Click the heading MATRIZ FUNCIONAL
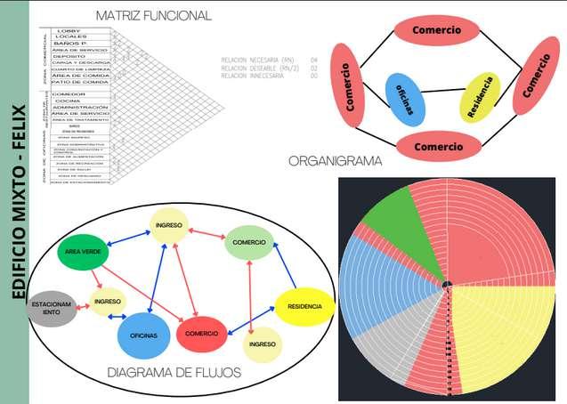pos(152,15)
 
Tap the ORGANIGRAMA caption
pos(336,161)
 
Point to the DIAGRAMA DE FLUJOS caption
pos(174,372)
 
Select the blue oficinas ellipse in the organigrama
pos(406,100)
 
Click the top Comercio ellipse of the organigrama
pos(437,30)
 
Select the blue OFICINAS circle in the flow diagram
pos(143,335)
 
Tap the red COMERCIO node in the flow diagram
pos(204,335)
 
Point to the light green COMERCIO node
pos(249,242)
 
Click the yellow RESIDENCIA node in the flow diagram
pos(304,306)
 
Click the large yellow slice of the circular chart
pos(498,334)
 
